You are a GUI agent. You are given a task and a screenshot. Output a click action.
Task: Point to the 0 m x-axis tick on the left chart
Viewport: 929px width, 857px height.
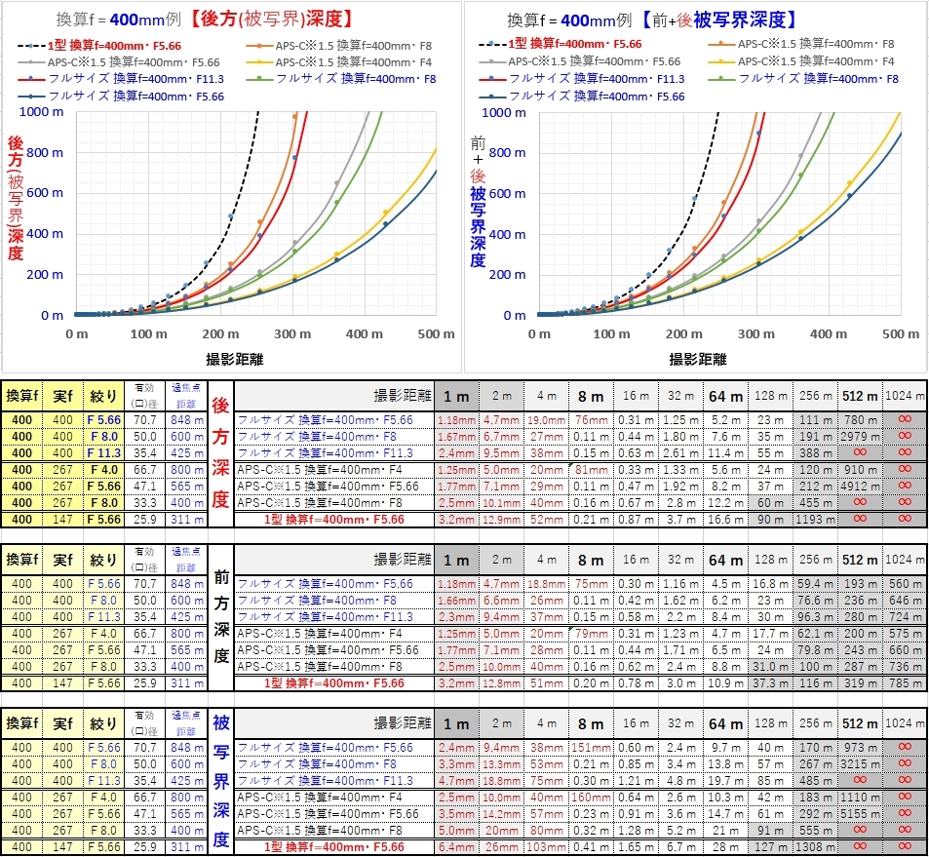(76, 333)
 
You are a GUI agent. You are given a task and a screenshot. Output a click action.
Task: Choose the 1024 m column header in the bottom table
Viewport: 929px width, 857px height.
(906, 724)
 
